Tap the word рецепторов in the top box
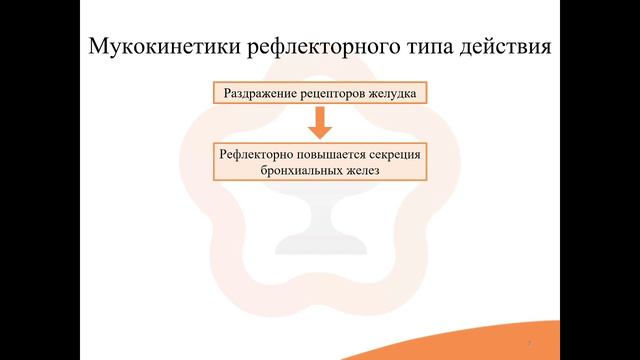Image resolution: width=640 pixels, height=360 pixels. (327, 94)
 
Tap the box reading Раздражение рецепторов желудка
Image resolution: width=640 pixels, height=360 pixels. (319, 94)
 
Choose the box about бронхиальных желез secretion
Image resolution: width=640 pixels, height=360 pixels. (319, 163)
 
